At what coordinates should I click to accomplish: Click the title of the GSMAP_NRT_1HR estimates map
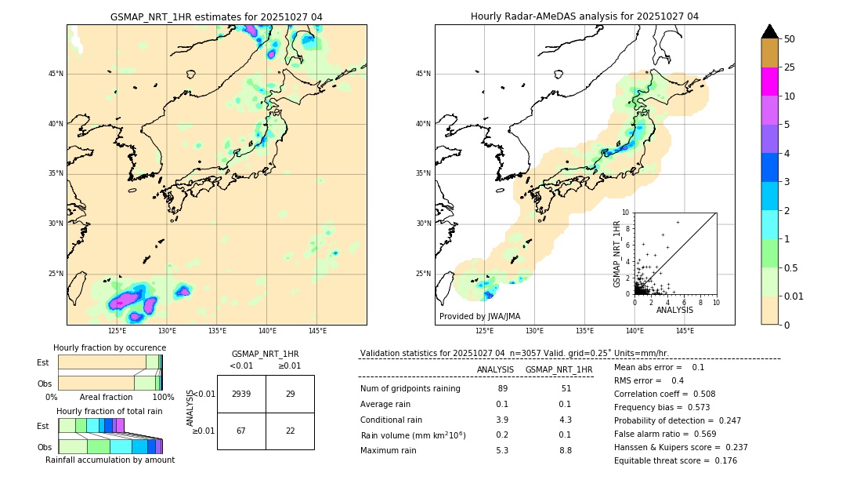click(216, 16)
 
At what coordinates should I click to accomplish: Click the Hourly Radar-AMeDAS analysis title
click(584, 16)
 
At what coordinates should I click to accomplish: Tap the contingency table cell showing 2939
click(241, 394)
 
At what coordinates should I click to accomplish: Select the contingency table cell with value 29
click(290, 394)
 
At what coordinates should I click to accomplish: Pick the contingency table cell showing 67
click(241, 431)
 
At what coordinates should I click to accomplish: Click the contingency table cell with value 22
click(290, 431)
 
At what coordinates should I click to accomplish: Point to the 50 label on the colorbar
click(790, 38)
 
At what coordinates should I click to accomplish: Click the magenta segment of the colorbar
click(770, 82)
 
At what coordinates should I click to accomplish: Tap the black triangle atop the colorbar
click(770, 31)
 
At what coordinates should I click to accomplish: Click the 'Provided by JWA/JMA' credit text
click(479, 316)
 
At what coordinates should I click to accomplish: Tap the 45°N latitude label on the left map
click(56, 74)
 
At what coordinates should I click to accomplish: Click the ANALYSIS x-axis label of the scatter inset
click(674, 311)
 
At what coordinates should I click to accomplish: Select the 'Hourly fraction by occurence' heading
click(110, 347)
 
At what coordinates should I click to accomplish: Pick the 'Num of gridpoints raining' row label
click(410, 388)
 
